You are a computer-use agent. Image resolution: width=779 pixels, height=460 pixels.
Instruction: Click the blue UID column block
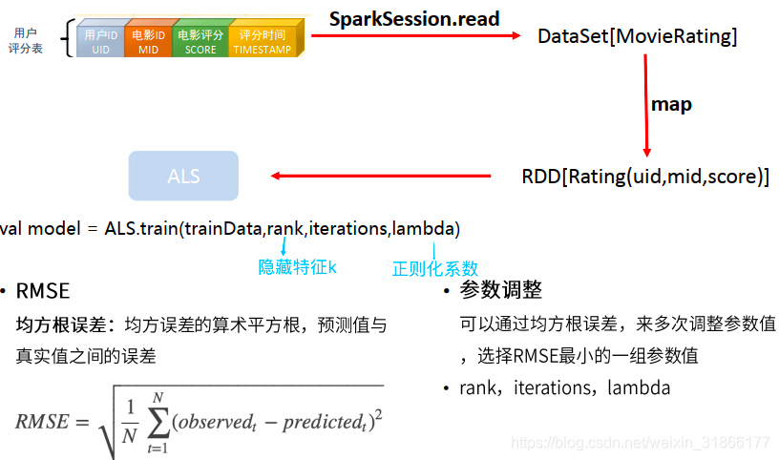tap(101, 42)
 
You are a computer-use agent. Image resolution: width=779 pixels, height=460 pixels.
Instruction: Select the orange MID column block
tap(148, 42)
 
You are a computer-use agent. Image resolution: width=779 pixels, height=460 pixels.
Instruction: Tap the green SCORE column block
tap(200, 42)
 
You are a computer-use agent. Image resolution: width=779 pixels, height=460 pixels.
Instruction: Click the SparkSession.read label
tap(413, 18)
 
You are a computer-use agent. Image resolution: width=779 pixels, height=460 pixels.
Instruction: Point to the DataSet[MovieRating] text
tap(637, 37)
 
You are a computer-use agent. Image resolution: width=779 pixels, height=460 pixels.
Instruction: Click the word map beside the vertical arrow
tap(670, 104)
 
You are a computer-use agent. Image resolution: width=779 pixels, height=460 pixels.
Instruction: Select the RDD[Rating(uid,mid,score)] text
tap(645, 177)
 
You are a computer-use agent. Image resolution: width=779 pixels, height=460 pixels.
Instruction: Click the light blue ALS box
tap(183, 177)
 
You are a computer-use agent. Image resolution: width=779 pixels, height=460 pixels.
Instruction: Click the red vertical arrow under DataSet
tap(646, 105)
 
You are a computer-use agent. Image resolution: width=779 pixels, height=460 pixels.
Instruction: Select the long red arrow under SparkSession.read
tap(416, 36)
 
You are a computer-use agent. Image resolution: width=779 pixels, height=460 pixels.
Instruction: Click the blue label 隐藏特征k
tap(298, 267)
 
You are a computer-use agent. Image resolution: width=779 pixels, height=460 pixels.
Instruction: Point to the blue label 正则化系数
tap(435, 268)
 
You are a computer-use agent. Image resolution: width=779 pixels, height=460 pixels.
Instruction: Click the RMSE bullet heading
tap(43, 291)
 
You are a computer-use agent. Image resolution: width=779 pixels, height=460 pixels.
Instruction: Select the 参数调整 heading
tap(500, 290)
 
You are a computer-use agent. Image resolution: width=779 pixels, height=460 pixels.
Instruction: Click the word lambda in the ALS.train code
tap(424, 229)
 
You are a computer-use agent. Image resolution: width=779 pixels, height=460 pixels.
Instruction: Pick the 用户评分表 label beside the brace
tap(26, 40)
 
